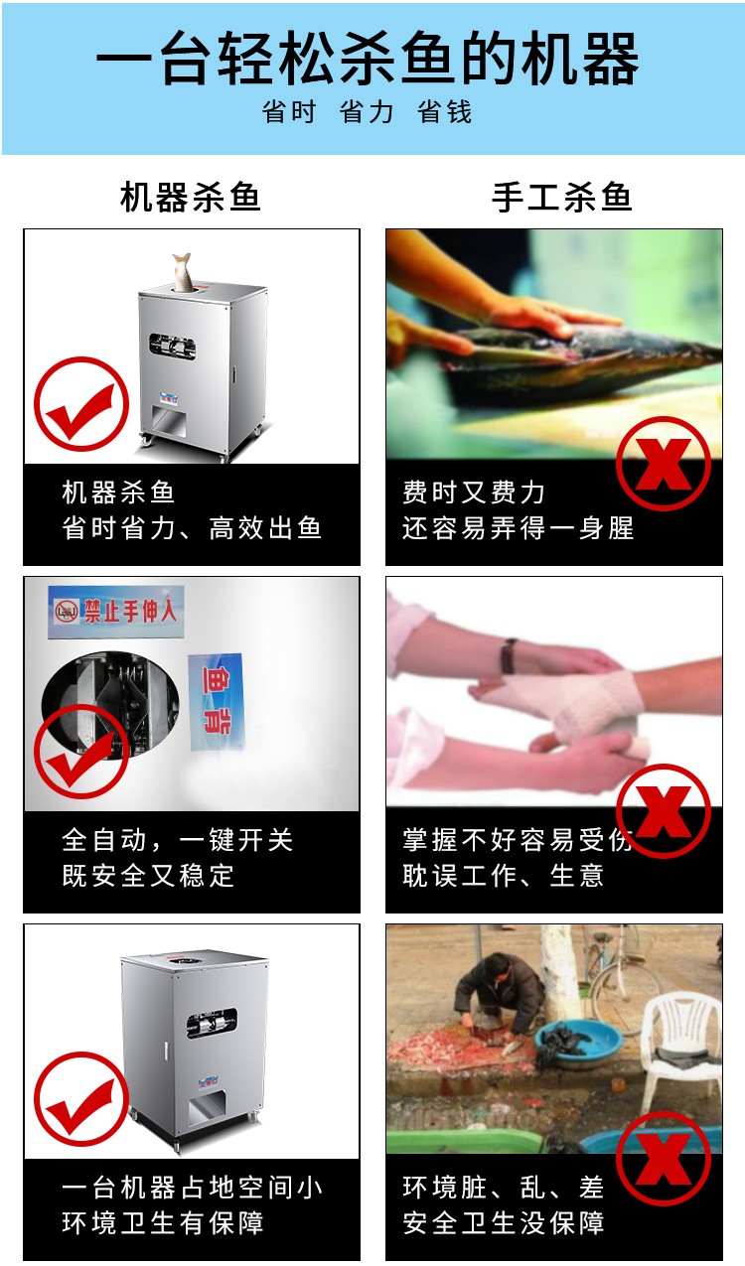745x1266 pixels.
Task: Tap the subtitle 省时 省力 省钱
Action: [368, 112]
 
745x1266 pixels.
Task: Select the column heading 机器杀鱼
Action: [190, 197]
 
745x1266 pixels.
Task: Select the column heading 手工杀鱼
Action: [561, 197]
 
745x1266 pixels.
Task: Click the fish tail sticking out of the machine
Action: [182, 270]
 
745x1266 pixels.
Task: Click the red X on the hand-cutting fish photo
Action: [663, 464]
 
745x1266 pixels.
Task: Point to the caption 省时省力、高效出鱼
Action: [192, 528]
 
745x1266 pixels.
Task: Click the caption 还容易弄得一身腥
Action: [518, 528]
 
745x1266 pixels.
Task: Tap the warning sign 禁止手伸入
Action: [116, 611]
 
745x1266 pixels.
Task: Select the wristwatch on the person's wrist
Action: [509, 654]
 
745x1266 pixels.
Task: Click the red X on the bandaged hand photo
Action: [663, 811]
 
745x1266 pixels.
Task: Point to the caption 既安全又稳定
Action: [148, 876]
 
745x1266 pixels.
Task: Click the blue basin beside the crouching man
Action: [577, 1042]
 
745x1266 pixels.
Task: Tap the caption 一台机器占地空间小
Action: [192, 1188]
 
